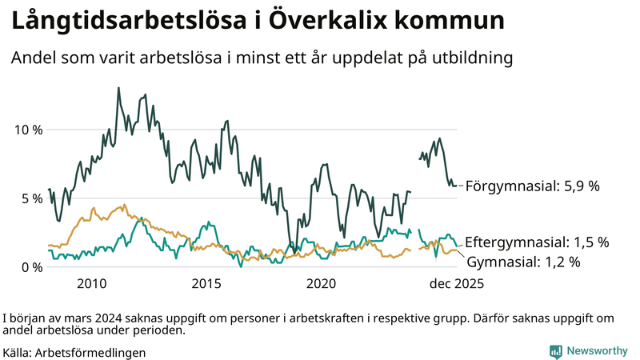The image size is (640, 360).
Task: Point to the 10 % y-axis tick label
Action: click(x=30, y=130)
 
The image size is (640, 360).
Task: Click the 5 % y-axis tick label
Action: click(x=32, y=198)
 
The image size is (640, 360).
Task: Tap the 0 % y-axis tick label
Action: click(x=32, y=267)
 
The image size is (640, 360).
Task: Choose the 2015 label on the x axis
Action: click(x=206, y=284)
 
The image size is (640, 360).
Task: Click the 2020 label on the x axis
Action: click(x=322, y=284)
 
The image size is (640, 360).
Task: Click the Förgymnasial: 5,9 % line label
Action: click(x=532, y=186)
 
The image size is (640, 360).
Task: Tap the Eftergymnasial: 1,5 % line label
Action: click(x=537, y=242)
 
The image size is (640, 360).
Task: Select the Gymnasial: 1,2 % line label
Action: click(x=523, y=261)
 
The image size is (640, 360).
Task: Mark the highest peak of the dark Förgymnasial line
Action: click(x=118, y=88)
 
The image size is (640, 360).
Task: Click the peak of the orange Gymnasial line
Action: click(x=123, y=205)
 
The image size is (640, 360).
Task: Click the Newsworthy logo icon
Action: click(x=555, y=351)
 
